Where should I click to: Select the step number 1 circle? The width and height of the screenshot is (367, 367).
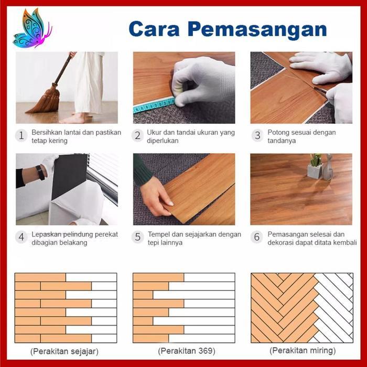click(x=21, y=136)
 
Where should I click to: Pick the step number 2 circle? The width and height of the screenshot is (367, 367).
click(x=138, y=136)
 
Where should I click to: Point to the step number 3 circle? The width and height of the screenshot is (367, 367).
click(x=257, y=136)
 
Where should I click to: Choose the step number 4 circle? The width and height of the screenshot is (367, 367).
click(x=21, y=238)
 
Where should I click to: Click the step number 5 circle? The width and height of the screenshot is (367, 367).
click(x=138, y=238)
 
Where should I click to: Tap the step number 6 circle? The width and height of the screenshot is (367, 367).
click(x=257, y=238)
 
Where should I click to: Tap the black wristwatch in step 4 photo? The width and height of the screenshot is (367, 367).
click(x=40, y=172)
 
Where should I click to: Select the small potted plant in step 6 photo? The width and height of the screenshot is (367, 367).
click(x=316, y=167)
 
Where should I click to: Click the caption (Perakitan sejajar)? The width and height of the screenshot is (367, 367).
click(x=64, y=350)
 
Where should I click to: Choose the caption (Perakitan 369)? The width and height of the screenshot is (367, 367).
click(x=183, y=350)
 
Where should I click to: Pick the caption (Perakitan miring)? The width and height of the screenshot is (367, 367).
click(x=302, y=350)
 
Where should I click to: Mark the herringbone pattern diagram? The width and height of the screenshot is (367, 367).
click(x=302, y=308)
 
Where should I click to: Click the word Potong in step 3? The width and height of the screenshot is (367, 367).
click(x=279, y=133)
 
